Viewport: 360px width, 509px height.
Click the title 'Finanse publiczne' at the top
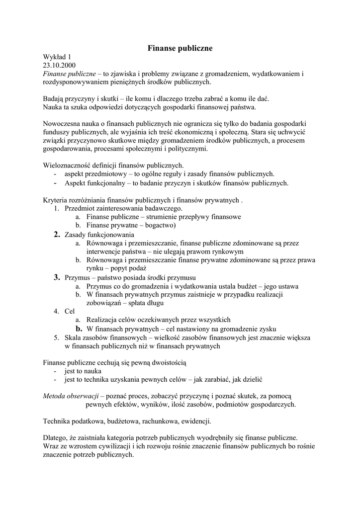[x=180, y=48]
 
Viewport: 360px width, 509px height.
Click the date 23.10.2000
[x=59, y=65]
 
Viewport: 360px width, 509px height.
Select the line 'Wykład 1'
[x=57, y=57]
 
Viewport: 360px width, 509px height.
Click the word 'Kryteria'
[x=55, y=200]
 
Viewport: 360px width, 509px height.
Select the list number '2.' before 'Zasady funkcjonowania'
[x=57, y=234]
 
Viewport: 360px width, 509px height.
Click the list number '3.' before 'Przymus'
[x=57, y=277]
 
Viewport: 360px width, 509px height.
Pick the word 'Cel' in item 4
[x=70, y=311]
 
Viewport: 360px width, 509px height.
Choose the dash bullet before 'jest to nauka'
[x=55, y=371]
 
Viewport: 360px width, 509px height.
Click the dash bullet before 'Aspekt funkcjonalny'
[x=55, y=183]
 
